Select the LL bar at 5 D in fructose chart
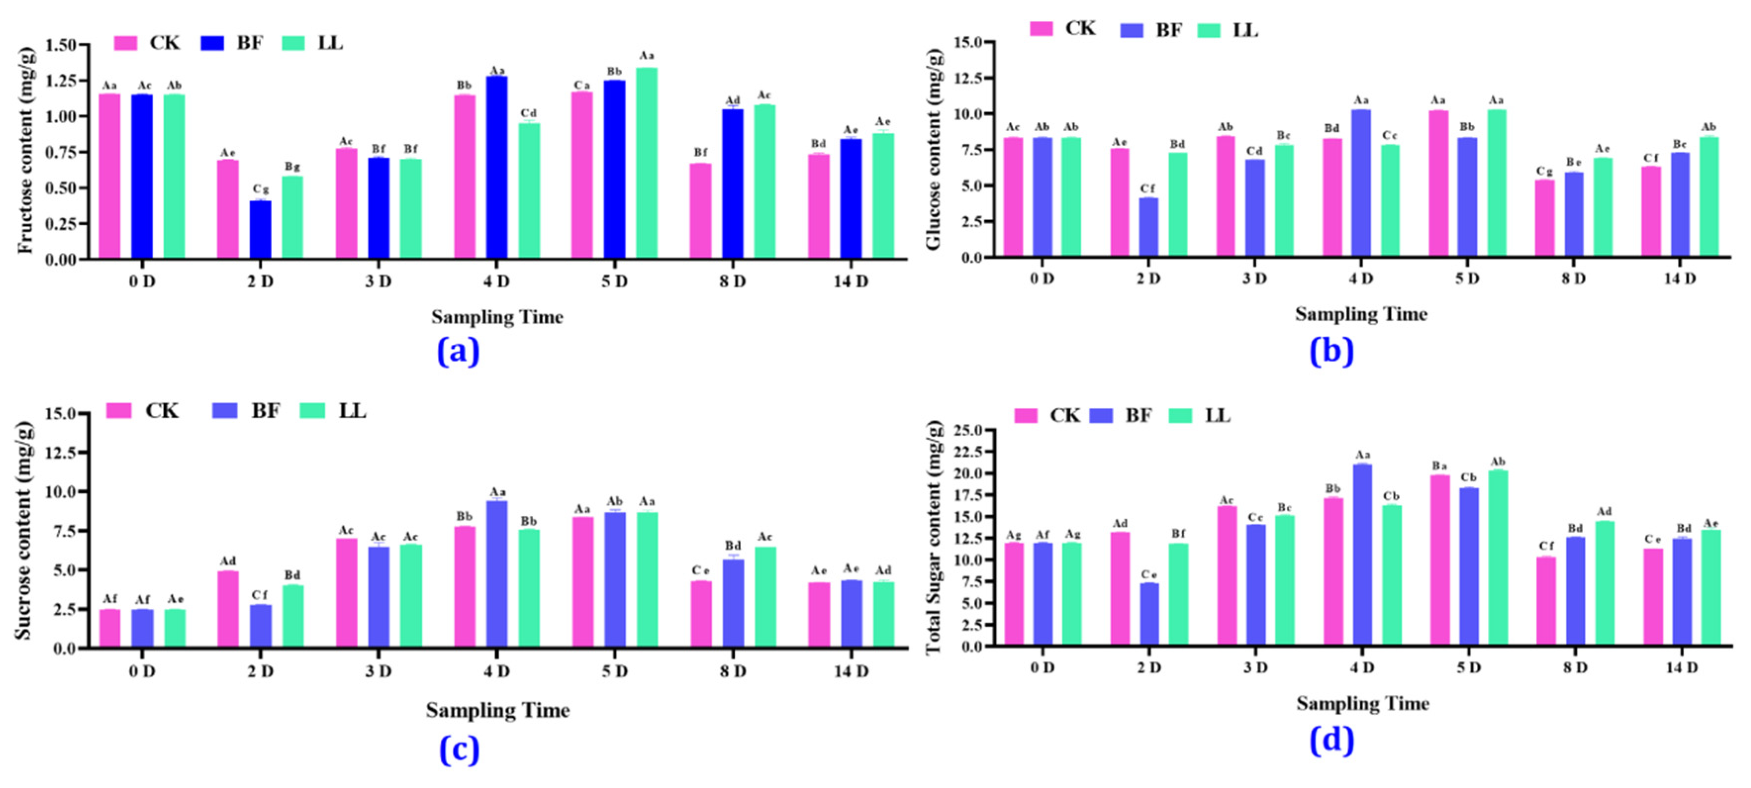(x=647, y=163)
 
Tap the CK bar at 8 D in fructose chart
(x=700, y=211)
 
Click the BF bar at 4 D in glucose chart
(x=1361, y=184)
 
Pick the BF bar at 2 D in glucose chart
(x=1149, y=228)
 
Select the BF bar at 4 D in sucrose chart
(x=497, y=574)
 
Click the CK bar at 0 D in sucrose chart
(x=110, y=628)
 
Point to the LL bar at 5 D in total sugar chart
(x=1498, y=557)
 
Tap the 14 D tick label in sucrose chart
(x=851, y=672)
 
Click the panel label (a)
(x=458, y=351)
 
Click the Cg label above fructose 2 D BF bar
(x=260, y=189)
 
